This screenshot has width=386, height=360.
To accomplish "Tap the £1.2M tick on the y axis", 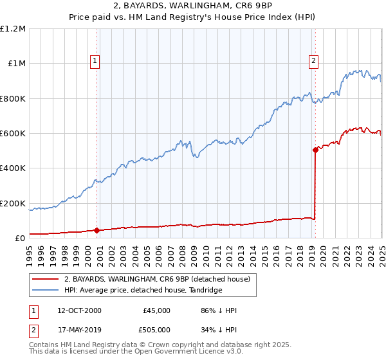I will coord(14,29).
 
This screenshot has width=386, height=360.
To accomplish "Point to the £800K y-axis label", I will coord(14,99).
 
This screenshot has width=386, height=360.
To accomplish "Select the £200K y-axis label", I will coord(14,203).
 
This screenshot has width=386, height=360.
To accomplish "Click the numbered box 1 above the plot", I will coord(95,61).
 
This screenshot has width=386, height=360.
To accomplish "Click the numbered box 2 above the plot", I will coord(314,61).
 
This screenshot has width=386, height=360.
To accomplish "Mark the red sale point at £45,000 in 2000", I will coord(96,230).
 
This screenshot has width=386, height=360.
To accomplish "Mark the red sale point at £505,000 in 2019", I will coord(315,150).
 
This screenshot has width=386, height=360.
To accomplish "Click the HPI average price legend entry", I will coord(143,291).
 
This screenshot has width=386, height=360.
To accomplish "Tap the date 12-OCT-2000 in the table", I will coord(79,310).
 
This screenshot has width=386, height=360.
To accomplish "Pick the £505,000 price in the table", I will coord(156,330).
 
